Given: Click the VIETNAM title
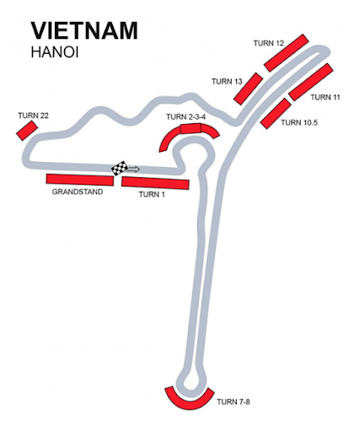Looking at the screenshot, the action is point(84,30).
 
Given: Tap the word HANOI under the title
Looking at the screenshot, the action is point(55,52).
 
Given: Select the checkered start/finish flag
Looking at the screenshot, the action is point(119,168).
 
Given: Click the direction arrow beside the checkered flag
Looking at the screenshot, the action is point(132,169).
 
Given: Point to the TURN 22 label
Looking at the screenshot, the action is point(33,116).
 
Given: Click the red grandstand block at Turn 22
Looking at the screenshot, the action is point(27,130).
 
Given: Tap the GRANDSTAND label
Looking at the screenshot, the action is point(78,192).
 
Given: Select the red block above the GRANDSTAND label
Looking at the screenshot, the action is point(80,180).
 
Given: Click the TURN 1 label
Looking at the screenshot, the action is point(152,194).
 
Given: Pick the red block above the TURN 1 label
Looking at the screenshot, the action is point(155,183).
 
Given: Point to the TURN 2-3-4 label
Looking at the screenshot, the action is point(185,117).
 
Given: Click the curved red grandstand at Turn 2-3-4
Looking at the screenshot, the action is point(190,129).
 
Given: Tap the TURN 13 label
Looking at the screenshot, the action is point(227,82).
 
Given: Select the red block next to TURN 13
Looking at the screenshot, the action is point(248,89).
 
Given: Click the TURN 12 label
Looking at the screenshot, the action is point(269,43).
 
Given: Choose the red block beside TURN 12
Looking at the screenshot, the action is point(287,53).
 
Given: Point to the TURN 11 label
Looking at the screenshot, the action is point(325,97).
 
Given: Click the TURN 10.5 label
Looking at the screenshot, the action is point(299,122).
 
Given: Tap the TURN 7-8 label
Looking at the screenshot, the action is point(234,402).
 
